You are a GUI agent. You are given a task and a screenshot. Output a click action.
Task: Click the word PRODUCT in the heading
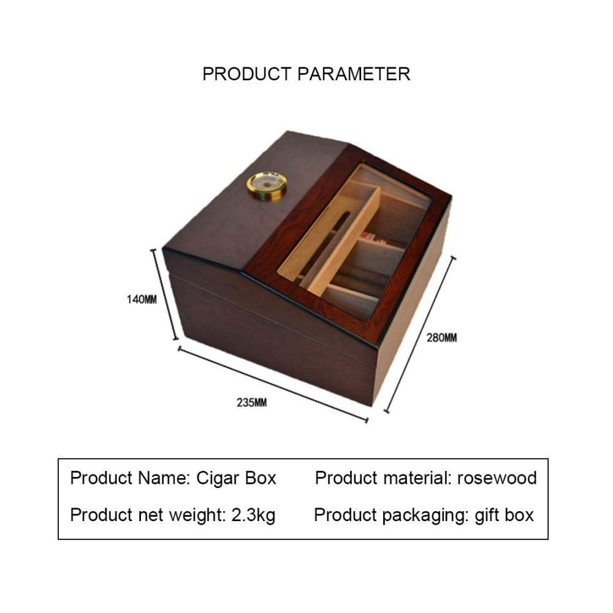[x=246, y=74]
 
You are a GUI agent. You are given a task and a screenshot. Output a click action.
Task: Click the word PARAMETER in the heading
[x=354, y=74]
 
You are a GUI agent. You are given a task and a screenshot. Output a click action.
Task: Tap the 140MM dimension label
[x=142, y=300]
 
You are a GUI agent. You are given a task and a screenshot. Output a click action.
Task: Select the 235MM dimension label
[x=252, y=402]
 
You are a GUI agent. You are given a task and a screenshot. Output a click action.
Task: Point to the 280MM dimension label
[x=441, y=337]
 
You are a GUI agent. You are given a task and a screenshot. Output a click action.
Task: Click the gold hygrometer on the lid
[x=267, y=186]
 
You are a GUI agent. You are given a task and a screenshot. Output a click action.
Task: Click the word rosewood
[x=497, y=478]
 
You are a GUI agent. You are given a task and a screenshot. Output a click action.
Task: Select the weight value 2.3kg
[x=253, y=516]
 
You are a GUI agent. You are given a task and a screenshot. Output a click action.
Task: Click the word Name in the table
[x=164, y=478]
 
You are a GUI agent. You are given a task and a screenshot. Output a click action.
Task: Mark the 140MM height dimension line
[x=164, y=294]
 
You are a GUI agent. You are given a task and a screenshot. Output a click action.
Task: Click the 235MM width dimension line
[x=273, y=384]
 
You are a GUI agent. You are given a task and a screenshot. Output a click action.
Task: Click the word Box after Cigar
[x=261, y=478]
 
